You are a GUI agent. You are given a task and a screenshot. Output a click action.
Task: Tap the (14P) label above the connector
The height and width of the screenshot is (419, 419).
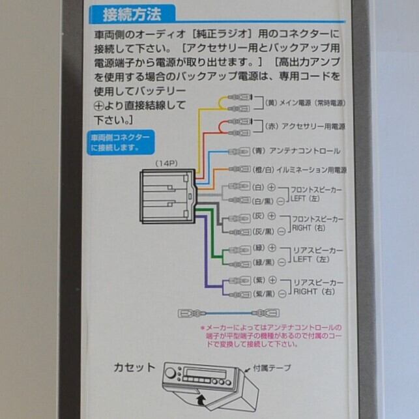pos(165,163)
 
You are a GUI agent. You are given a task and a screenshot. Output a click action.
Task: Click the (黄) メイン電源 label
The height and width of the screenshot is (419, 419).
pos(305,102)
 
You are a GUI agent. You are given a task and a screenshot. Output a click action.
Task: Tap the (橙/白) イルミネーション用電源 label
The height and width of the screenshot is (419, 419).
pos(300,169)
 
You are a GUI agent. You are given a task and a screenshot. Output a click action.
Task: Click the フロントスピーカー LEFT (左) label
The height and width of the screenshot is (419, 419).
pos(317,194)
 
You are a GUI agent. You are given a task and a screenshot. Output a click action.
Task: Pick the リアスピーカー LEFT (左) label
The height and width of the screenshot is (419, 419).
pos(317,254)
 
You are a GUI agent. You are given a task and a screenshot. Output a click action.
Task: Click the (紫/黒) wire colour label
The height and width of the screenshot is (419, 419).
pos(263,295)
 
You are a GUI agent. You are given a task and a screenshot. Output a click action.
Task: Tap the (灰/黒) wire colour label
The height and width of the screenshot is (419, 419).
pos(263,231)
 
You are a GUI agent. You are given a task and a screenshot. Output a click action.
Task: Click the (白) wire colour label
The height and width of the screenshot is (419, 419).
pos(258,187)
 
